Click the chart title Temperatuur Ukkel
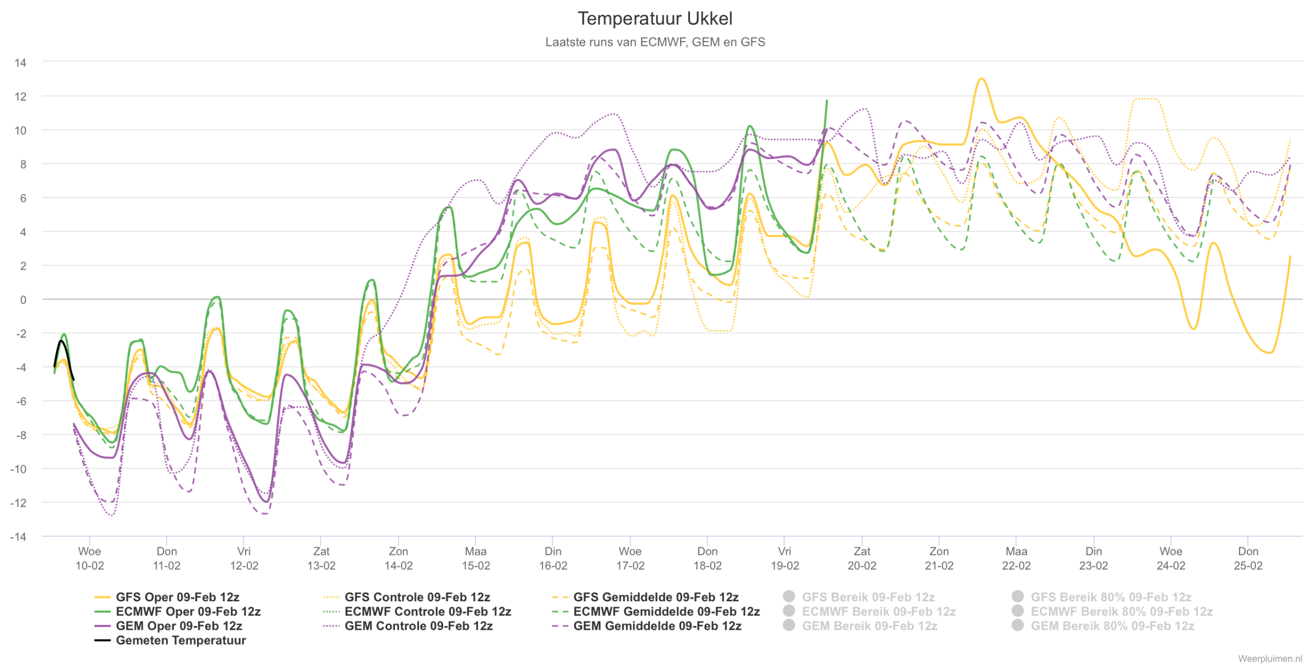(x=655, y=19)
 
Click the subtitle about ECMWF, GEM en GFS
(x=655, y=42)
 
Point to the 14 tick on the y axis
(x=20, y=62)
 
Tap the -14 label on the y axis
(x=18, y=537)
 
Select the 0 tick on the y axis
(x=23, y=299)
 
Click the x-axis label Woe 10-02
(x=90, y=558)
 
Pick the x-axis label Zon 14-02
(x=398, y=558)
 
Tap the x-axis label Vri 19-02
(x=785, y=558)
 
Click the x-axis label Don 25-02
(x=1248, y=558)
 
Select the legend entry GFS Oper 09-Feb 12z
(x=167, y=597)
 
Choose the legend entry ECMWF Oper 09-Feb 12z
(x=177, y=611)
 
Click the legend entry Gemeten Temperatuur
(x=170, y=640)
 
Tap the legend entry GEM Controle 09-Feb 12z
(x=408, y=626)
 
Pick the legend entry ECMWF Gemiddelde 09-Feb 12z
(x=656, y=611)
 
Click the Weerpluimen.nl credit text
(x=1270, y=659)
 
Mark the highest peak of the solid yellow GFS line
(x=982, y=79)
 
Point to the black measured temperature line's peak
(x=61, y=341)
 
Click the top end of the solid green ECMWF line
(x=827, y=101)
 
